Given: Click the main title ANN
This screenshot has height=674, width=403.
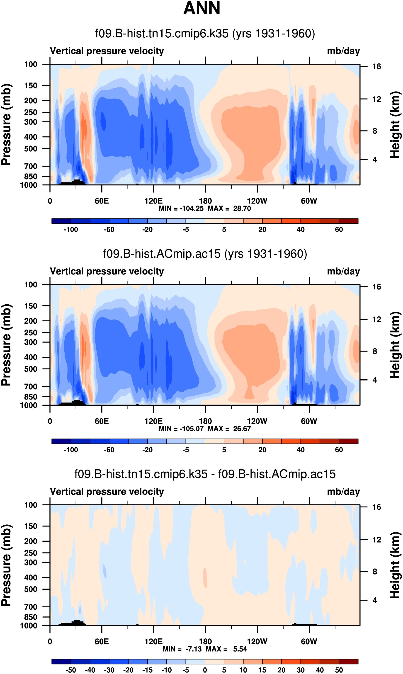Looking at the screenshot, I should [201, 8].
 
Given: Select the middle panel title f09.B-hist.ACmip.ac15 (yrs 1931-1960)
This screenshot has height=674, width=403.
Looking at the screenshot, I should [205, 254].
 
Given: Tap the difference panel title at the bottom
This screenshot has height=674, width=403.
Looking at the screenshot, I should [205, 474].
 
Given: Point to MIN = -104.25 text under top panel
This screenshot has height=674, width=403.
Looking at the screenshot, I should [181, 209].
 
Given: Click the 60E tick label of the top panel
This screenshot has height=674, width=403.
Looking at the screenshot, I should [102, 201].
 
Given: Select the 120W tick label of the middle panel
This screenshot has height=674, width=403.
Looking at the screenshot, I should [257, 421].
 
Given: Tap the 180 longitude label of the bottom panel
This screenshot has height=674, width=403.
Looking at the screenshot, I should [205, 641].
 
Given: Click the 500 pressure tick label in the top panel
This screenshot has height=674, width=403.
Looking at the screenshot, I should [31, 149].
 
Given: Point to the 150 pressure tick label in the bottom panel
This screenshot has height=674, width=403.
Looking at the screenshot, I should [31, 526].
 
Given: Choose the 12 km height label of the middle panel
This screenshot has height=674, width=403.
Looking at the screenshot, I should [377, 320].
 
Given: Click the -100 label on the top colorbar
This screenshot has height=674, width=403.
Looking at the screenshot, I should [71, 230].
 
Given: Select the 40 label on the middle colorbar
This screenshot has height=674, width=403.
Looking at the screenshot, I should [301, 450].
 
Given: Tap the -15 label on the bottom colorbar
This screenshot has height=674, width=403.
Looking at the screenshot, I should [148, 670].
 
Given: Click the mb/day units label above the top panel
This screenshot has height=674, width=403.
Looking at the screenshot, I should [343, 51].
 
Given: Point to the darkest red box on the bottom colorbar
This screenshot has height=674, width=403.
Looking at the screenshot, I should [348, 662].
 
